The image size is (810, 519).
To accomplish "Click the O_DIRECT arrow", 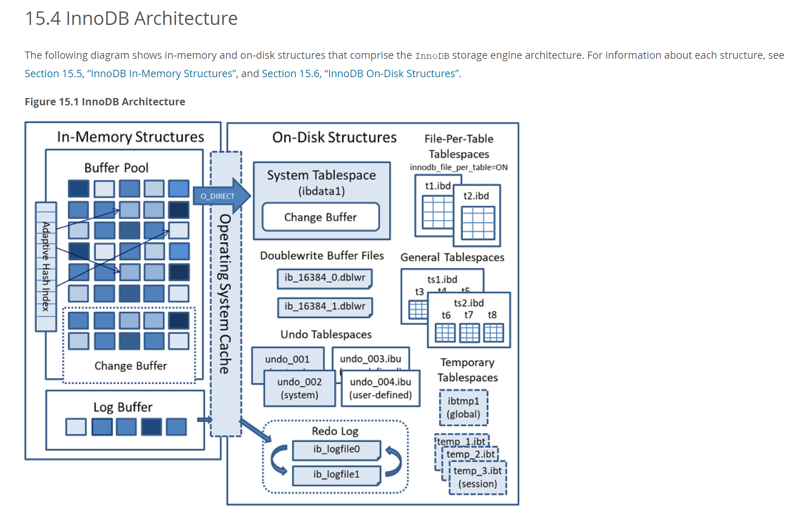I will pos(218,196).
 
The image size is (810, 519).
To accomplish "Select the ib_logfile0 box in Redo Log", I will pos(336,449).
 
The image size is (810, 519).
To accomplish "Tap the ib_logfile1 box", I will pos(336,474).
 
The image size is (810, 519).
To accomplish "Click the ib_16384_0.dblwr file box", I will pos(325,278).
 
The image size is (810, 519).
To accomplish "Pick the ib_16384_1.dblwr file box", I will pos(325,306).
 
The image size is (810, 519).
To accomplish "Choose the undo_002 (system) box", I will pos(299,388).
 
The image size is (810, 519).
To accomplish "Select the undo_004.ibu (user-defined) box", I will pos(380,388).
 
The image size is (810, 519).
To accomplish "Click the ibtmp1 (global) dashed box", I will pos(463,408).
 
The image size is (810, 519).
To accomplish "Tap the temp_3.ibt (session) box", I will pos(478,477).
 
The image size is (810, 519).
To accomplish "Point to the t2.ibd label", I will pos(476,196).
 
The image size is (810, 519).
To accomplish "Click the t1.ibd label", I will pos(438,186).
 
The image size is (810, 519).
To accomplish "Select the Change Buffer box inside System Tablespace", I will pos(321,217).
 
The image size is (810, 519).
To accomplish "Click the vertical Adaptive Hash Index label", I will pos(46,266).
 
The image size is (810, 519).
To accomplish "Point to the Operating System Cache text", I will pos(225,294).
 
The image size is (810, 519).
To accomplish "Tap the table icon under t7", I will pos(469,332).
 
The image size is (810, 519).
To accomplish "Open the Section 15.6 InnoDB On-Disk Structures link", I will pos(361,74).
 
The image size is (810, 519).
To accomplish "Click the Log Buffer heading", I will pos(123,407).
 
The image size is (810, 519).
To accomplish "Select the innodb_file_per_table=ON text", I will pos(458,167).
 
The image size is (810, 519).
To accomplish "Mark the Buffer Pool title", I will pos(116,168).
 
